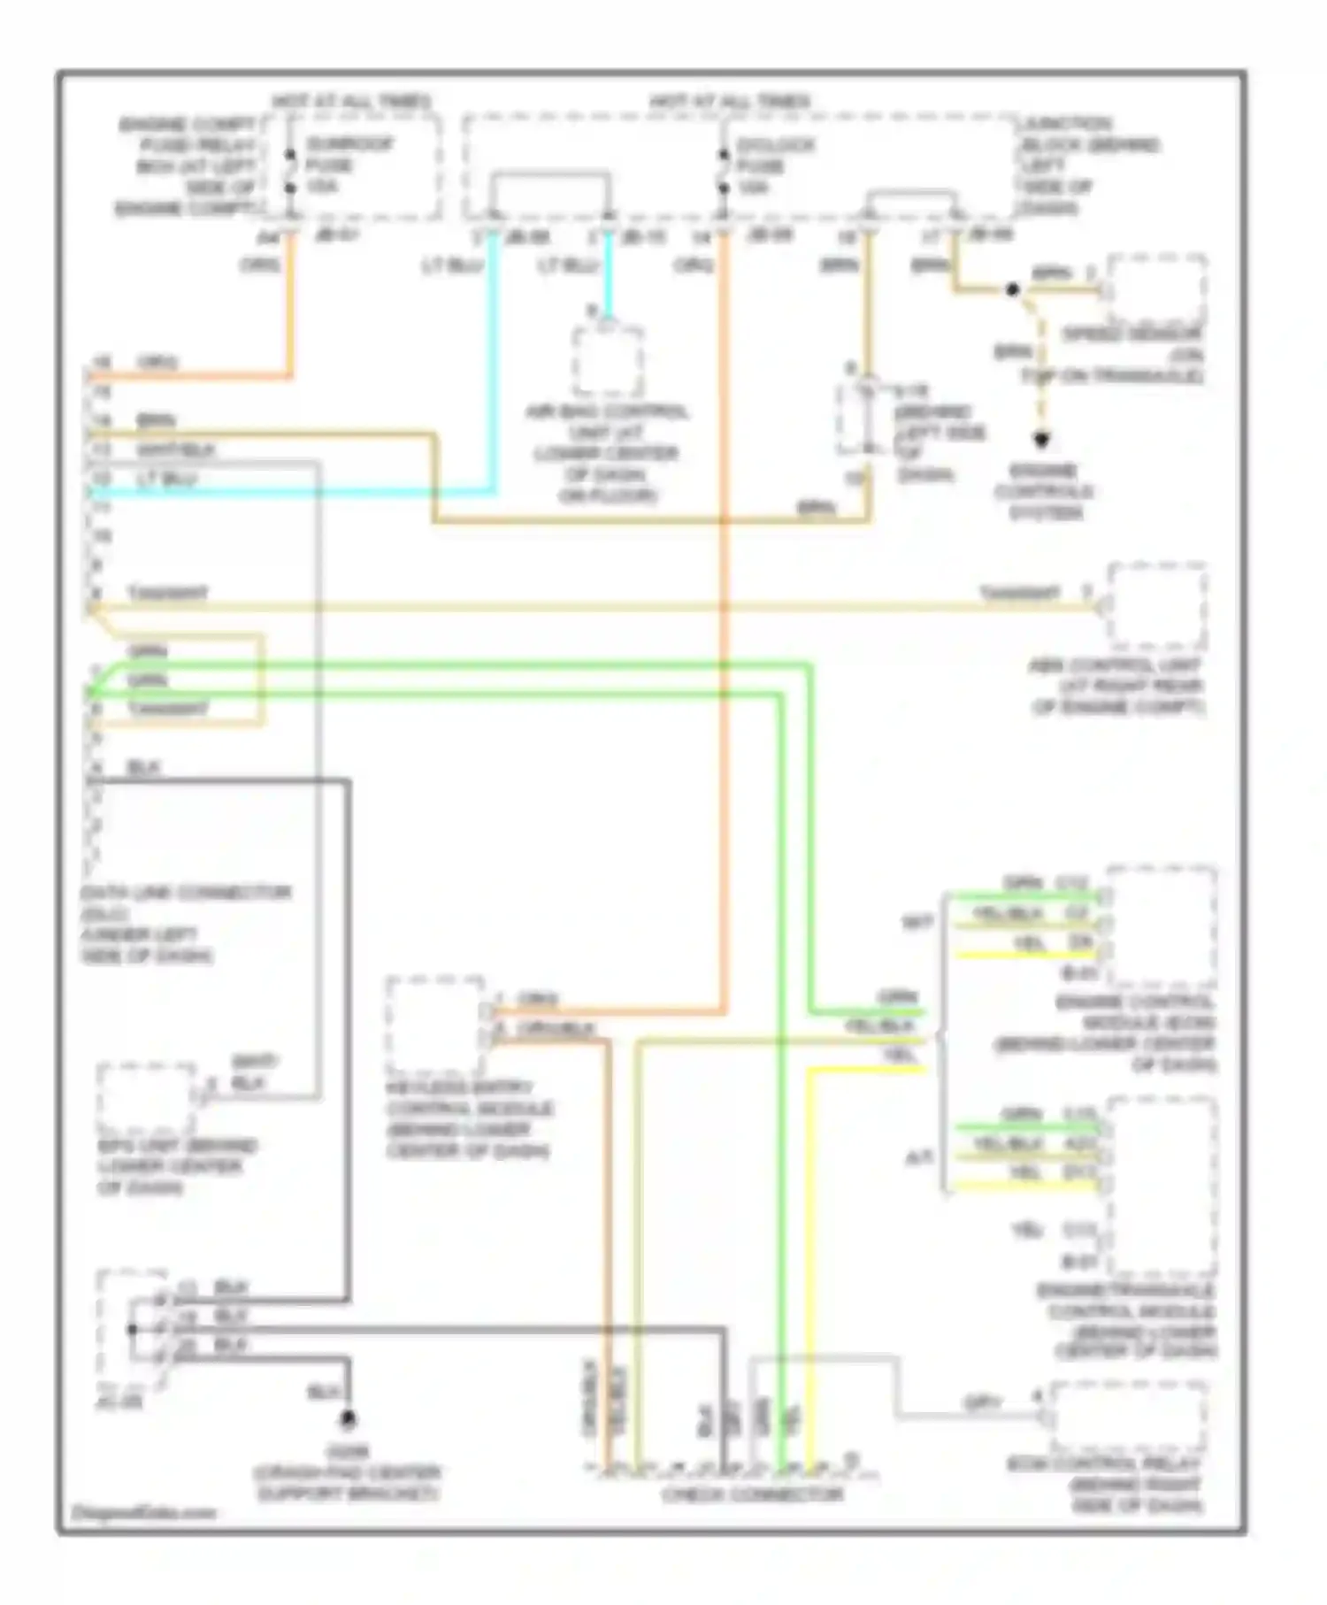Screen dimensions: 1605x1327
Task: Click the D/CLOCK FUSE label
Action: point(763,165)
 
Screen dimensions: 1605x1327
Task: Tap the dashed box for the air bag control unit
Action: point(608,361)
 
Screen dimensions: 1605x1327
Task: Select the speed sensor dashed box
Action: point(1157,289)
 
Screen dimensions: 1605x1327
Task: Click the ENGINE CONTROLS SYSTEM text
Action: point(1044,492)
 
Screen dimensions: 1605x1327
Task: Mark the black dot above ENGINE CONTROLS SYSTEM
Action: point(1042,440)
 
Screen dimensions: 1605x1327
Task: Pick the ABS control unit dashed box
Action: point(1157,607)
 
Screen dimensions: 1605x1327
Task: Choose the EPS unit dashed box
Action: point(146,1098)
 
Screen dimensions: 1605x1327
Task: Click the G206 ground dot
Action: point(349,1420)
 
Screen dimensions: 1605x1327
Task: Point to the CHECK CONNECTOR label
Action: point(752,1495)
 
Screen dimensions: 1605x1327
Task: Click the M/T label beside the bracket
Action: point(917,922)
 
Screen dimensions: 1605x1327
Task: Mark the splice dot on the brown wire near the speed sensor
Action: point(1013,289)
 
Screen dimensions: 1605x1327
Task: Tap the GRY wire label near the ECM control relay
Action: point(982,1403)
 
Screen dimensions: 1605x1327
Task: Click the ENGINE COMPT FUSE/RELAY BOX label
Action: point(188,165)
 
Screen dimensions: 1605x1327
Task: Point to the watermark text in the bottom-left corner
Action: point(143,1512)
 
